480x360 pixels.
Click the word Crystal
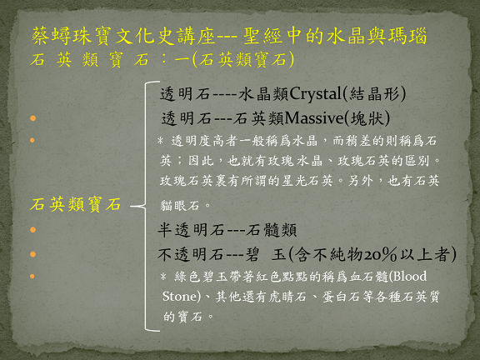click(315, 93)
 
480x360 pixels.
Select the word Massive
click(314, 117)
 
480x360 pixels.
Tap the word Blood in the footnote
click(410, 277)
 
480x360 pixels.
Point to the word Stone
click(180, 297)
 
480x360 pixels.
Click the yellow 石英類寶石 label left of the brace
click(75, 204)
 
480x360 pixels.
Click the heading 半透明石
click(191, 230)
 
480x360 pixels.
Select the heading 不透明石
click(191, 254)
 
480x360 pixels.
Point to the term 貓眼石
click(180, 205)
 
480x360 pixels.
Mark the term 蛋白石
click(341, 297)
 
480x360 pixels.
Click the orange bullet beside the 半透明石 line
click(32, 230)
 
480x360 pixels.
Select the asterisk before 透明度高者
click(160, 141)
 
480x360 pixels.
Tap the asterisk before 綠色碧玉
click(163, 277)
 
